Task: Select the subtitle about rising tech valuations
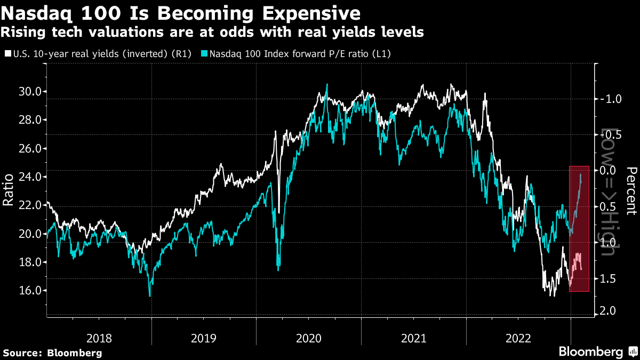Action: pos(212,33)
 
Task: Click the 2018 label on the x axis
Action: pos(99,338)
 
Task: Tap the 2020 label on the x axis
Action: pos(308,338)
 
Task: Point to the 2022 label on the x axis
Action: pos(518,338)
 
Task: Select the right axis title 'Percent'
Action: pos(631,191)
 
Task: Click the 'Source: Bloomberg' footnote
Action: pos(53,353)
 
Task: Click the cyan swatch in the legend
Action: pos(205,54)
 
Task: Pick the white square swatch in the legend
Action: pos(7,54)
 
